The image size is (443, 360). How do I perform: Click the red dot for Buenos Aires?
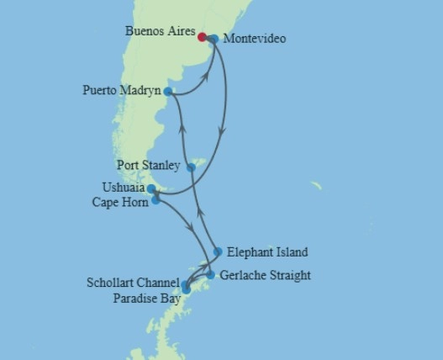(x=202, y=36)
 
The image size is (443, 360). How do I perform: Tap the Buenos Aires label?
(x=160, y=31)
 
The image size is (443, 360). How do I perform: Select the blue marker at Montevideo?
(x=214, y=39)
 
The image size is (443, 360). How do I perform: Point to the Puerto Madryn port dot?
(x=168, y=91)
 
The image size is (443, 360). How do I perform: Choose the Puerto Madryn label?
(x=122, y=90)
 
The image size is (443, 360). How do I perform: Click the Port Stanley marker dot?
(x=191, y=167)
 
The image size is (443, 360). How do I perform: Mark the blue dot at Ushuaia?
(x=151, y=189)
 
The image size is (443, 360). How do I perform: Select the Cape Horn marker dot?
(x=156, y=200)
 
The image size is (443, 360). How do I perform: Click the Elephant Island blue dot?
(x=218, y=251)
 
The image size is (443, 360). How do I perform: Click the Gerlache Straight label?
(x=265, y=275)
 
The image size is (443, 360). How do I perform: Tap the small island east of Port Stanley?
(x=317, y=185)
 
